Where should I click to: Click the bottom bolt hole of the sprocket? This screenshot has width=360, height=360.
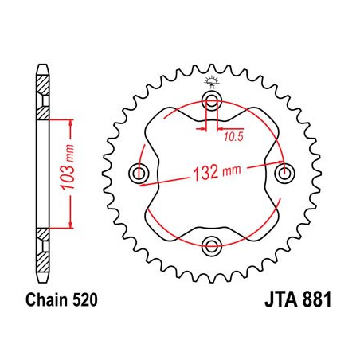[211, 243]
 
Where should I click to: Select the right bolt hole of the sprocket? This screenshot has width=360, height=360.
[282, 172]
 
